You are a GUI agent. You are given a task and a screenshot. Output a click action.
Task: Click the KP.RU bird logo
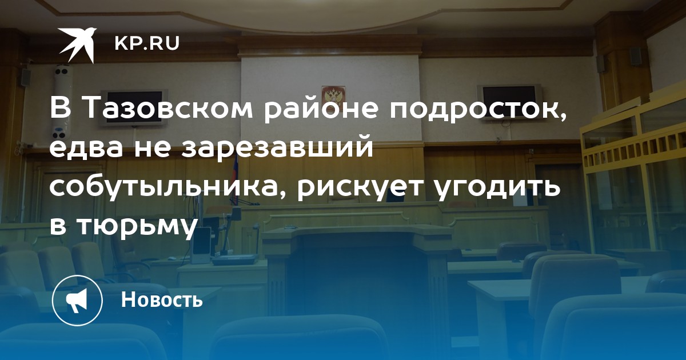pos(77,45)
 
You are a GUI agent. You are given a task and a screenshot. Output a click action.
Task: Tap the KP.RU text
pos(147,43)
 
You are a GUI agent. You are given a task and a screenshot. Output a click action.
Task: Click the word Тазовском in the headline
pos(167,109)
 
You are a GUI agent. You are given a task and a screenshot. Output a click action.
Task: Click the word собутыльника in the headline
pos(169,187)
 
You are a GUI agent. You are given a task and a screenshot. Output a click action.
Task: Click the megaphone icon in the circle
pos(77,301)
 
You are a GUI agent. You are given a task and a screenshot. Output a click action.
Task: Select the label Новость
pos(162,299)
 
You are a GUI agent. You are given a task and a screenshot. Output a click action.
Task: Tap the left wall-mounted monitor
pos(134,107)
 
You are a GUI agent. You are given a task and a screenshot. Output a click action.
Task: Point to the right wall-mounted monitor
pos(509,102)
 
